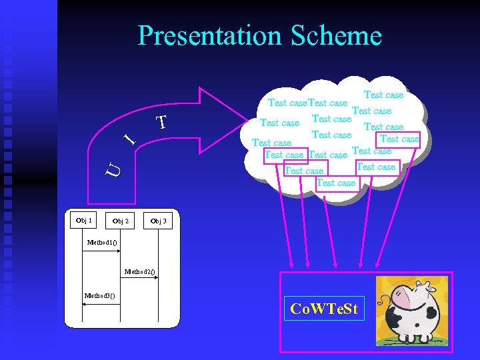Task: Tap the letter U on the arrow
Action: (x=114, y=170)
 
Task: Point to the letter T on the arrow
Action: (x=160, y=123)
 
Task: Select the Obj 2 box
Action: (x=121, y=221)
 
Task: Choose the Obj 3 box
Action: (x=158, y=221)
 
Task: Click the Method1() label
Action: (x=101, y=242)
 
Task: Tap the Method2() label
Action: (x=140, y=271)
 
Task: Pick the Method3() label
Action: (x=99, y=295)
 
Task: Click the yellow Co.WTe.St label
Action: (x=325, y=309)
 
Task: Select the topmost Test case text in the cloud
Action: (x=383, y=95)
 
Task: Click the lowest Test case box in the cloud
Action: (x=336, y=183)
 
